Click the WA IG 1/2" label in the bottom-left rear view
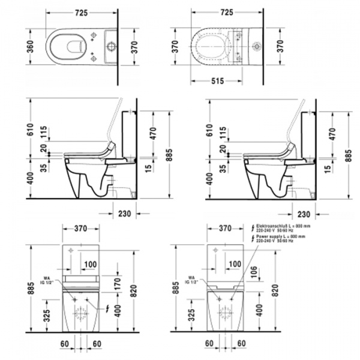pos(46,280)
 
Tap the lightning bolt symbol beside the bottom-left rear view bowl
pos(107,310)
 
